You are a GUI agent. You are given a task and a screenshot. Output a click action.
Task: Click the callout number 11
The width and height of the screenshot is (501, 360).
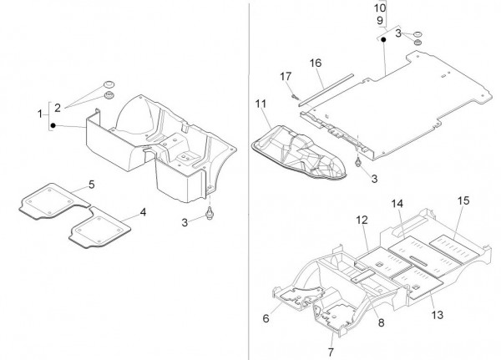click(x=261, y=104)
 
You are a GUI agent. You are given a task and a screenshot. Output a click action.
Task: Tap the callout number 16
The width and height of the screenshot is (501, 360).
click(x=316, y=63)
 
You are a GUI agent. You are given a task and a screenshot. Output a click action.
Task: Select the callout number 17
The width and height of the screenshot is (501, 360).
click(x=286, y=77)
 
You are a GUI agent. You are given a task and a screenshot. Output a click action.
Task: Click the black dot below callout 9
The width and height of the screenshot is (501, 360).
click(x=382, y=38)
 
